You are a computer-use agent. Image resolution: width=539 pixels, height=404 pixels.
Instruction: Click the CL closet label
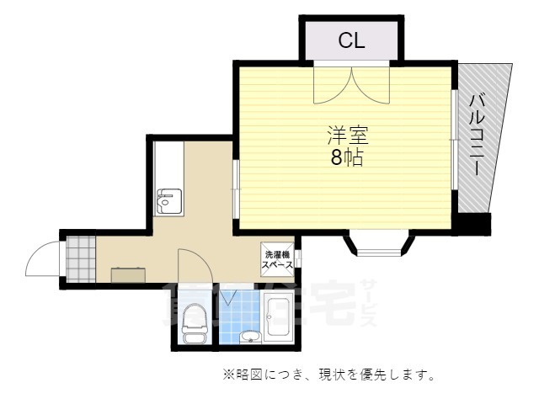[351, 40]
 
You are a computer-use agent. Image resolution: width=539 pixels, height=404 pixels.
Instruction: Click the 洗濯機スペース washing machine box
[277, 259]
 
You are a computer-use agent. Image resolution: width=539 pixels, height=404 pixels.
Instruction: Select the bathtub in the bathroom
[277, 319]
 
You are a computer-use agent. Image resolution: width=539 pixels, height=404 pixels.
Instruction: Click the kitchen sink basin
[167, 200]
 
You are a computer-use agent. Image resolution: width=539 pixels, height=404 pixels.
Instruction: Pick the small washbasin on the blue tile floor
[248, 338]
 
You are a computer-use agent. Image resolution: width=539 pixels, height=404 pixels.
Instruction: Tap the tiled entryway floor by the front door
[81, 258]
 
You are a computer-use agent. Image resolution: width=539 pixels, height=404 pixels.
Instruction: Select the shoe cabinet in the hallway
[127, 274]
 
